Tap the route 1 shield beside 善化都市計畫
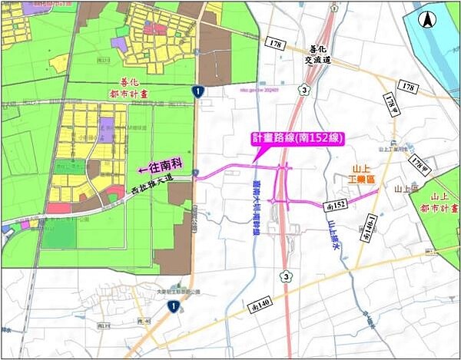click(x=198, y=91)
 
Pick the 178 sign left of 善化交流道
click(x=277, y=45)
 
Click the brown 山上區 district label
click(x=405, y=188)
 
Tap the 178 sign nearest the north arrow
click(x=408, y=88)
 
